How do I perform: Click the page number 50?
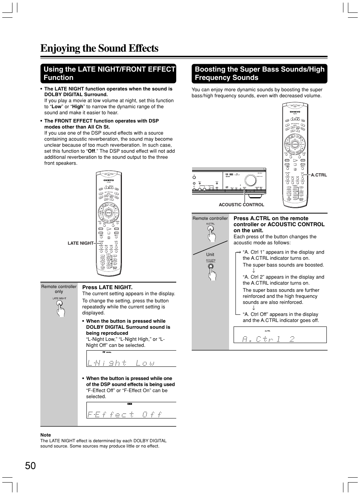[x=31, y=466]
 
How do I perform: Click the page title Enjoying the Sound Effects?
[x=99, y=48]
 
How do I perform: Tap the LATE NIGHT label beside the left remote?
[x=80, y=243]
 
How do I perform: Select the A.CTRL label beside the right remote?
[x=319, y=175]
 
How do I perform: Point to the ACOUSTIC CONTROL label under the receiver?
[x=242, y=205]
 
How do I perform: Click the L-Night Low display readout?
[x=121, y=363]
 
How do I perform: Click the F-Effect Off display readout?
[x=125, y=414]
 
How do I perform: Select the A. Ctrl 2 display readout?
[x=268, y=339]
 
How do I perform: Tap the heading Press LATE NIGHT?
[x=107, y=287]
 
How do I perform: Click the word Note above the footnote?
[x=46, y=435]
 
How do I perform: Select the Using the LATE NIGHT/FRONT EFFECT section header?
[x=109, y=74]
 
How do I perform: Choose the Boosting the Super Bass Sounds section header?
[x=259, y=74]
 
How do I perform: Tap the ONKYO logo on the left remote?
[x=108, y=180]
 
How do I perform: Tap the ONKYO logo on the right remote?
[x=295, y=112]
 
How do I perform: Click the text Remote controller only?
[x=59, y=289]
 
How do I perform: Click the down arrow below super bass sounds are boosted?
[x=254, y=271]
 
